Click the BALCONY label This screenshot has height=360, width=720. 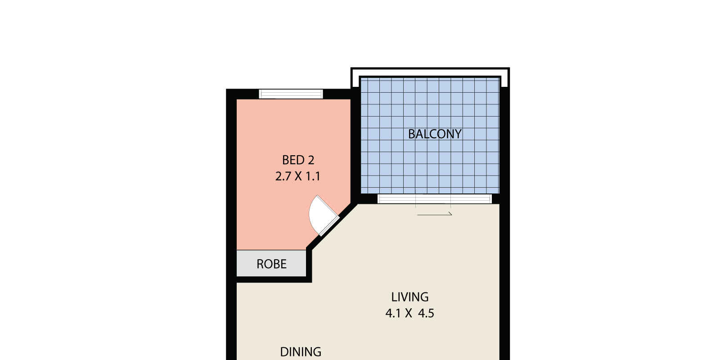pyautogui.click(x=435, y=134)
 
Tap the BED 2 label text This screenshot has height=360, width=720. pyautogui.click(x=298, y=160)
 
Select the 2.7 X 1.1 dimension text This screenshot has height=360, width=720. pyautogui.click(x=297, y=176)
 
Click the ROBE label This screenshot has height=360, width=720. pyautogui.click(x=271, y=264)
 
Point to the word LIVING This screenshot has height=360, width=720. pyautogui.click(x=410, y=297)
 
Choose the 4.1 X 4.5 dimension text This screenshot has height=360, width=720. pyautogui.click(x=410, y=313)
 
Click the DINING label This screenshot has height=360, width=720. pyautogui.click(x=301, y=352)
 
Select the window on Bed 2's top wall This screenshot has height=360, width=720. pyautogui.click(x=291, y=94)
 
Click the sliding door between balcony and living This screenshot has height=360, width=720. pyautogui.click(x=435, y=198)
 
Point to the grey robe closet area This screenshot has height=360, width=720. pyautogui.click(x=271, y=263)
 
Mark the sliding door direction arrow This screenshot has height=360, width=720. pyautogui.click(x=435, y=214)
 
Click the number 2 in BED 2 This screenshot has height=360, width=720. pyautogui.click(x=311, y=160)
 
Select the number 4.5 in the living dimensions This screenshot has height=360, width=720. pyautogui.click(x=426, y=313)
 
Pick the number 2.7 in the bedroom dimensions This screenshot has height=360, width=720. pyautogui.click(x=283, y=176)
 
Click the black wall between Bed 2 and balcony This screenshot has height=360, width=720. pyautogui.click(x=355, y=146)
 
